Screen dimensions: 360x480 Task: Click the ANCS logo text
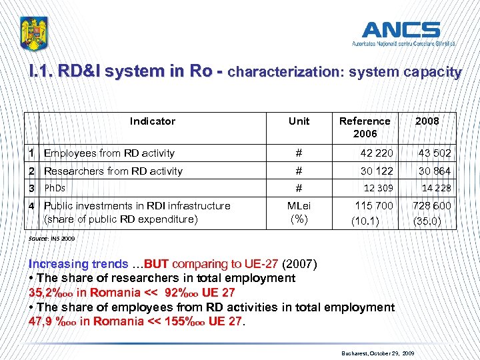coord(401,30)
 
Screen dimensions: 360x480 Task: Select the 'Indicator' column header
coord(152,121)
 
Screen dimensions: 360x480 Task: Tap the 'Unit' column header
coord(299,121)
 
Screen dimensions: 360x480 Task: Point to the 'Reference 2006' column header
coord(365,127)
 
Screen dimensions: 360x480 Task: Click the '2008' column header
coord(427,121)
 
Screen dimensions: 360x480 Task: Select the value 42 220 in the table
coord(376,153)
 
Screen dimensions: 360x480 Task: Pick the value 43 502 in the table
coord(434,153)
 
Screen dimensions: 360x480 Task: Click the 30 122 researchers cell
coord(377,171)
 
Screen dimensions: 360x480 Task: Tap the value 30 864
coord(434,171)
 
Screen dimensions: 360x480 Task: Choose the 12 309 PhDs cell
coord(378,189)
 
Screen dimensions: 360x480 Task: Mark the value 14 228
coord(436,189)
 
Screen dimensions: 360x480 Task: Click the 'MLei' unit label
coord(299,205)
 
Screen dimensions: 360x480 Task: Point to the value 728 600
coord(431,205)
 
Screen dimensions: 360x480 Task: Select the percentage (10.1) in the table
coord(365,219)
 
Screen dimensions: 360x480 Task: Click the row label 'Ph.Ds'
coord(55,188)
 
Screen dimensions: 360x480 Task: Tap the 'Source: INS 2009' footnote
coord(52,238)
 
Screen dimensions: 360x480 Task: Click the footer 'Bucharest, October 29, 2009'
coord(378,351)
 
